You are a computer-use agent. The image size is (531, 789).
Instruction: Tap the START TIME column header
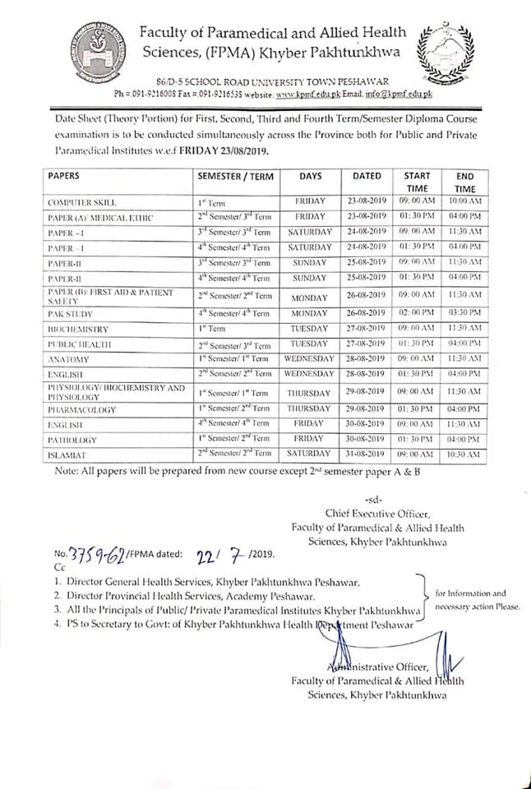tap(417, 182)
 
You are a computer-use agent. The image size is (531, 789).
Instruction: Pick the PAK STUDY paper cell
tap(70, 314)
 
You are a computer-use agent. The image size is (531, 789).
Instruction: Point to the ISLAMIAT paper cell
tap(67, 454)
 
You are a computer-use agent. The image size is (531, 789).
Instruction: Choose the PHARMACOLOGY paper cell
tap(81, 408)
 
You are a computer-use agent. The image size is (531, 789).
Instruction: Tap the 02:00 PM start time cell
tap(417, 314)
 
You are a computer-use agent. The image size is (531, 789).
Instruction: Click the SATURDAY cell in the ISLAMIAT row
tap(310, 454)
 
